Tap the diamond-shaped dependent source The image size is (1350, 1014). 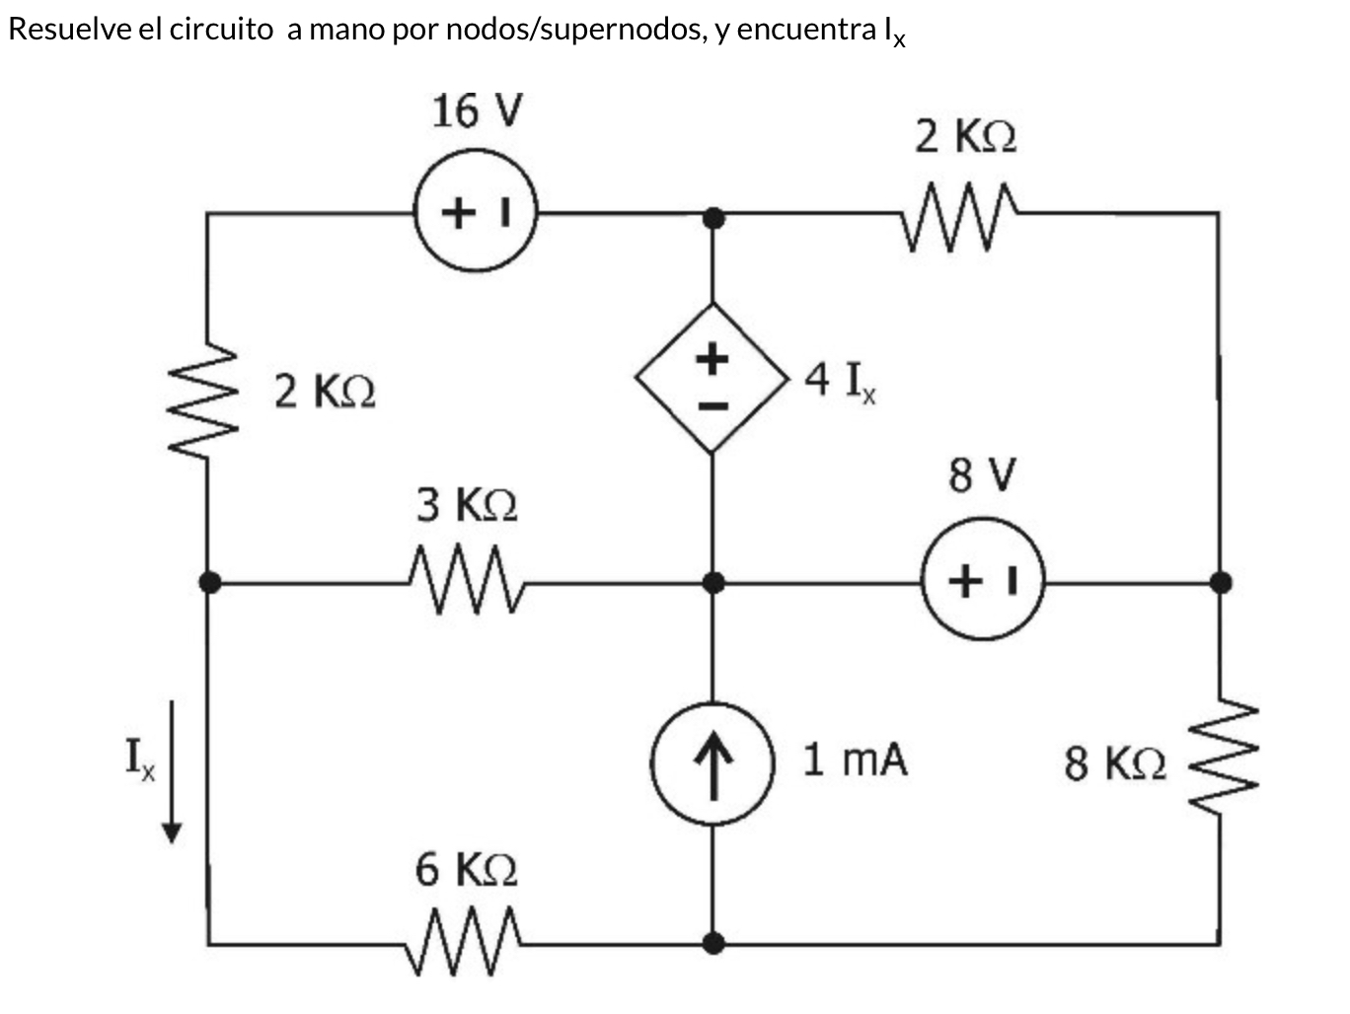(x=712, y=378)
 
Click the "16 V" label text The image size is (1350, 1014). (x=477, y=110)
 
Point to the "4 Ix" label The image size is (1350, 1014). (x=840, y=380)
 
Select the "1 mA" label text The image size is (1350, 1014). (x=855, y=760)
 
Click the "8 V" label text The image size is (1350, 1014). (x=982, y=475)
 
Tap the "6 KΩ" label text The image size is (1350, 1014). (x=466, y=870)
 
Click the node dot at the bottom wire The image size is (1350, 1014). (x=712, y=944)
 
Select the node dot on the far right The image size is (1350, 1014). (x=1221, y=582)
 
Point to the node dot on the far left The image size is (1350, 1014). (x=209, y=582)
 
